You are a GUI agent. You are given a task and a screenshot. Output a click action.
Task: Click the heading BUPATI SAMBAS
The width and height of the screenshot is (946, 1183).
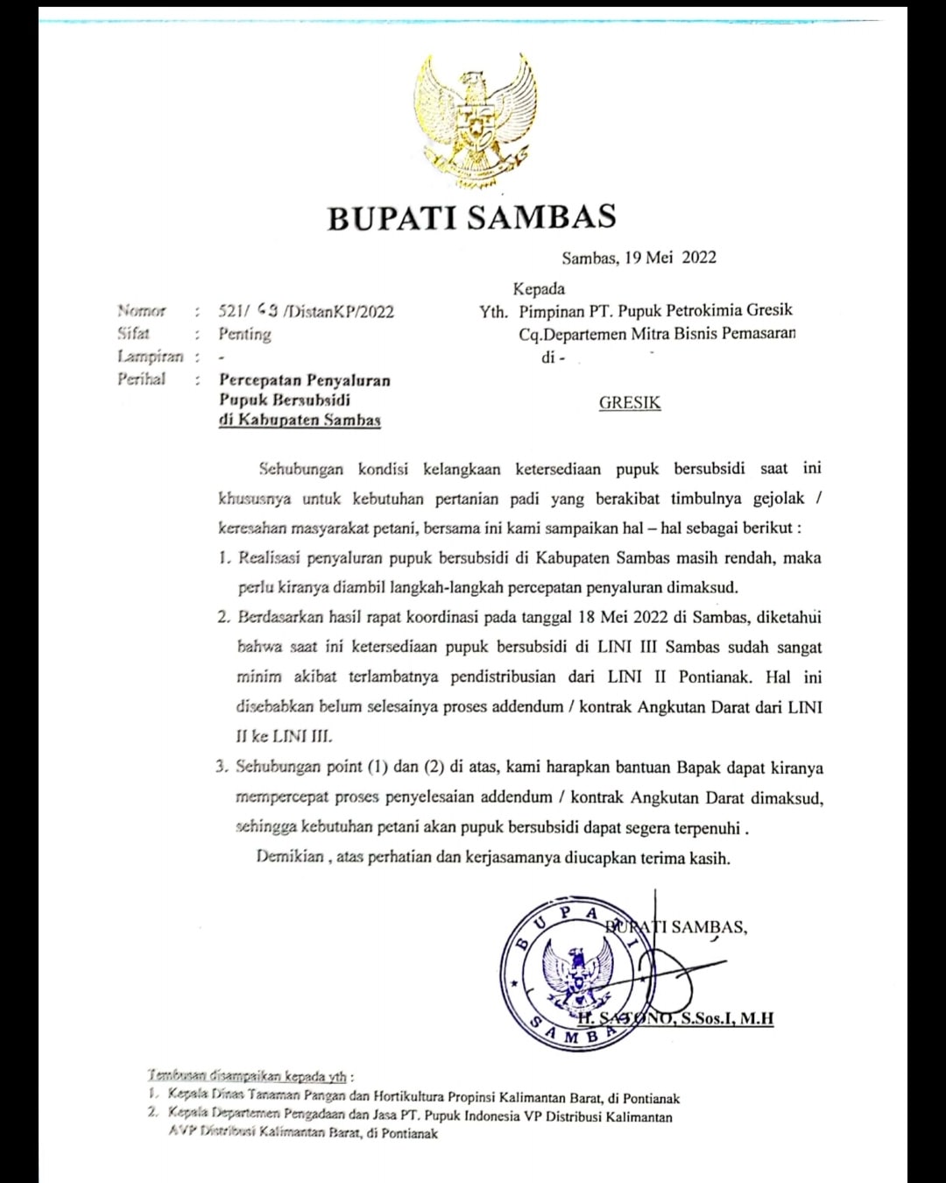[472, 217]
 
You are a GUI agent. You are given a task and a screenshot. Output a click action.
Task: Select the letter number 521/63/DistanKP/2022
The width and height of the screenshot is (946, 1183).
[306, 311]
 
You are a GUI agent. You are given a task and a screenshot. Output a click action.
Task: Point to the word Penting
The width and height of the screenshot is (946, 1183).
[244, 334]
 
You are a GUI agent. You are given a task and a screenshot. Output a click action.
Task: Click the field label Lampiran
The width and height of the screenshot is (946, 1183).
[151, 357]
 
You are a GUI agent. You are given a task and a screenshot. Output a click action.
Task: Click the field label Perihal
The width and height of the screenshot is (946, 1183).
[142, 379]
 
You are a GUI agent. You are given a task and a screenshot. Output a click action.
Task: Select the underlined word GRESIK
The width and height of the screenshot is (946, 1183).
[630, 403]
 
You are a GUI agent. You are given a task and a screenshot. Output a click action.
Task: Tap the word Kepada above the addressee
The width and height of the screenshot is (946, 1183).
[539, 288]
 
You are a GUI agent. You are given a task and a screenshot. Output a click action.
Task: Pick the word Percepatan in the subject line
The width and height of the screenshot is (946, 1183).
[260, 380]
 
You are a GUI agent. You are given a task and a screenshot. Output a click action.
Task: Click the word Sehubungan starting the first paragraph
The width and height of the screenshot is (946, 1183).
[301, 469]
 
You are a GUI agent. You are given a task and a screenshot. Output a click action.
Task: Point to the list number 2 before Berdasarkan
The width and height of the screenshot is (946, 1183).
[223, 617]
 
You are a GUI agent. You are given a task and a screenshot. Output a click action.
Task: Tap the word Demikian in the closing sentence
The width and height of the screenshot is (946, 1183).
[290, 856]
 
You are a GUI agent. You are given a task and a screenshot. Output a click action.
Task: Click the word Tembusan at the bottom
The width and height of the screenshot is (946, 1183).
[176, 1075]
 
